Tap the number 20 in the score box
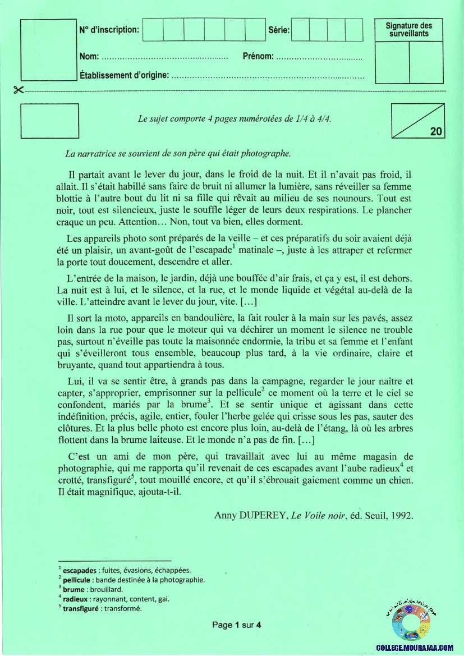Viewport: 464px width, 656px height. click(436, 132)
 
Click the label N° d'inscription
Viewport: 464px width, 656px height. click(109, 30)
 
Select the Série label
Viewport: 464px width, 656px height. click(279, 30)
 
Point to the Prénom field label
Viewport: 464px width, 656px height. click(258, 57)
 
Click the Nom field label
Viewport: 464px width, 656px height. click(89, 57)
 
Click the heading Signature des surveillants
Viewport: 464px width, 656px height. click(409, 29)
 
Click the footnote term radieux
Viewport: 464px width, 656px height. click(76, 599)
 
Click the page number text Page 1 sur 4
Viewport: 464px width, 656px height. click(237, 625)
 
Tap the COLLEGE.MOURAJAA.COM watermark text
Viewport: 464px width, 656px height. click(415, 648)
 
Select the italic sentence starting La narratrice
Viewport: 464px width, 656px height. click(178, 153)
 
